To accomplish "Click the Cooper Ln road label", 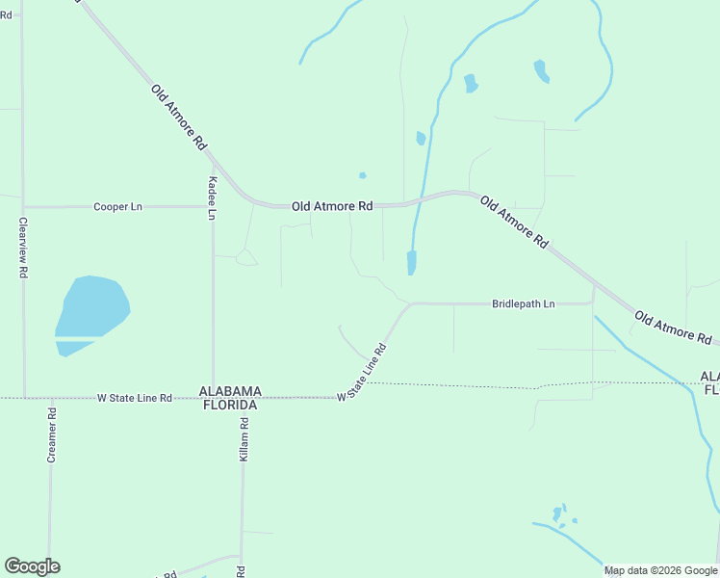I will [117, 207].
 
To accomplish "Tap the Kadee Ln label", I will [212, 198].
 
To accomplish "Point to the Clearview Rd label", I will [22, 248].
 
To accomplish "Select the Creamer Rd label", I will [52, 435].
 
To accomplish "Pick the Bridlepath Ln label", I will [523, 303].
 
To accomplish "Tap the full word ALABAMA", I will [230, 391].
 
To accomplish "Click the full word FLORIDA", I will [230, 405].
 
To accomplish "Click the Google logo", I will [32, 565].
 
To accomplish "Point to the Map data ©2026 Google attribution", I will [660, 570].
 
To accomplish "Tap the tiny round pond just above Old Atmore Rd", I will [362, 175].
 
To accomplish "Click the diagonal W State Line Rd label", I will [361, 374].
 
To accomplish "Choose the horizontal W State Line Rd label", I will [135, 398].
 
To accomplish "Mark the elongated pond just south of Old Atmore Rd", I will [412, 262].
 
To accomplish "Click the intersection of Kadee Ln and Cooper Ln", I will [213, 206].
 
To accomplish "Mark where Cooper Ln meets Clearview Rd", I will [23, 206].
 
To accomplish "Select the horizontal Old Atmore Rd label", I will [332, 206].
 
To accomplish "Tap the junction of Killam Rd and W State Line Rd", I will [243, 398].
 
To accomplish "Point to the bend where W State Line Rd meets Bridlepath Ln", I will [411, 304].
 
